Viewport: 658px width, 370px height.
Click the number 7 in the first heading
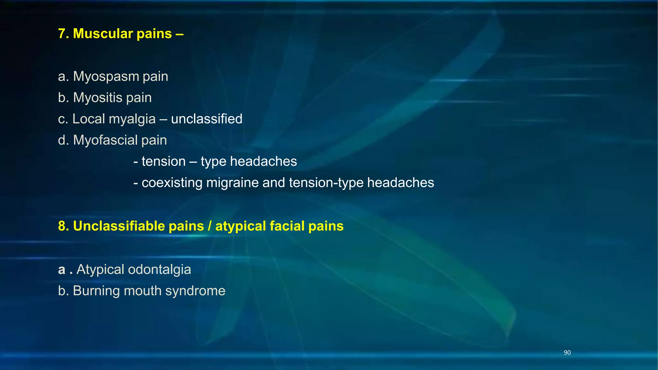[x=61, y=34]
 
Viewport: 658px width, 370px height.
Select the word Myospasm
[x=106, y=77]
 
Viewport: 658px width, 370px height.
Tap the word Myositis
[x=98, y=98]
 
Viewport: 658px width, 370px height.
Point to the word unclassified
[x=207, y=119]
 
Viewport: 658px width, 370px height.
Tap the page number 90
[x=567, y=353]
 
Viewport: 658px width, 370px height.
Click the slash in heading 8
[x=209, y=226]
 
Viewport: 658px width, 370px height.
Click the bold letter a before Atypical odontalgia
[x=62, y=270]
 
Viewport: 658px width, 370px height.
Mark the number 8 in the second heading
[x=61, y=226]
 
